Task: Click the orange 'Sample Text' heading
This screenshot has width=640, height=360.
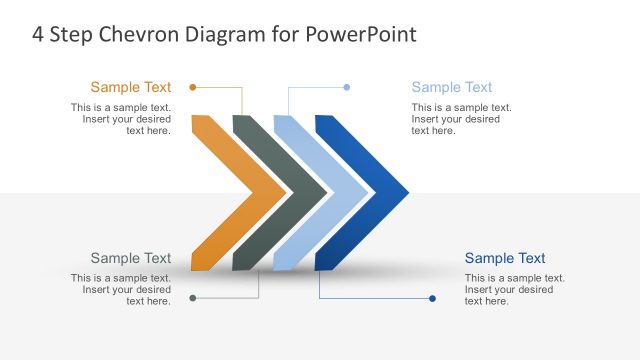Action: [131, 87]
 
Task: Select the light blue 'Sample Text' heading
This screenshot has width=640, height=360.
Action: [452, 87]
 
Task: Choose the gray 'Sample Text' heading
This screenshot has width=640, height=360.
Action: [131, 258]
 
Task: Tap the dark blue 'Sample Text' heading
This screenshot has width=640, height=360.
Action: [505, 258]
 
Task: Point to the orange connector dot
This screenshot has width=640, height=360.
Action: [192, 87]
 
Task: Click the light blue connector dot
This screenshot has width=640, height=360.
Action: [347, 87]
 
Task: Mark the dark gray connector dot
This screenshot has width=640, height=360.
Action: [192, 298]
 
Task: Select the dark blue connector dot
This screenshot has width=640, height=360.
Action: [432, 298]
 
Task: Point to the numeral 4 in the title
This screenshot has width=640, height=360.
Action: [38, 34]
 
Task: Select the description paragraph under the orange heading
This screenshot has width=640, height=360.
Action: [121, 119]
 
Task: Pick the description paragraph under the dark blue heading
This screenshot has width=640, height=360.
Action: [514, 289]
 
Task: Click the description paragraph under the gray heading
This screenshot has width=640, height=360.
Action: [121, 289]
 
